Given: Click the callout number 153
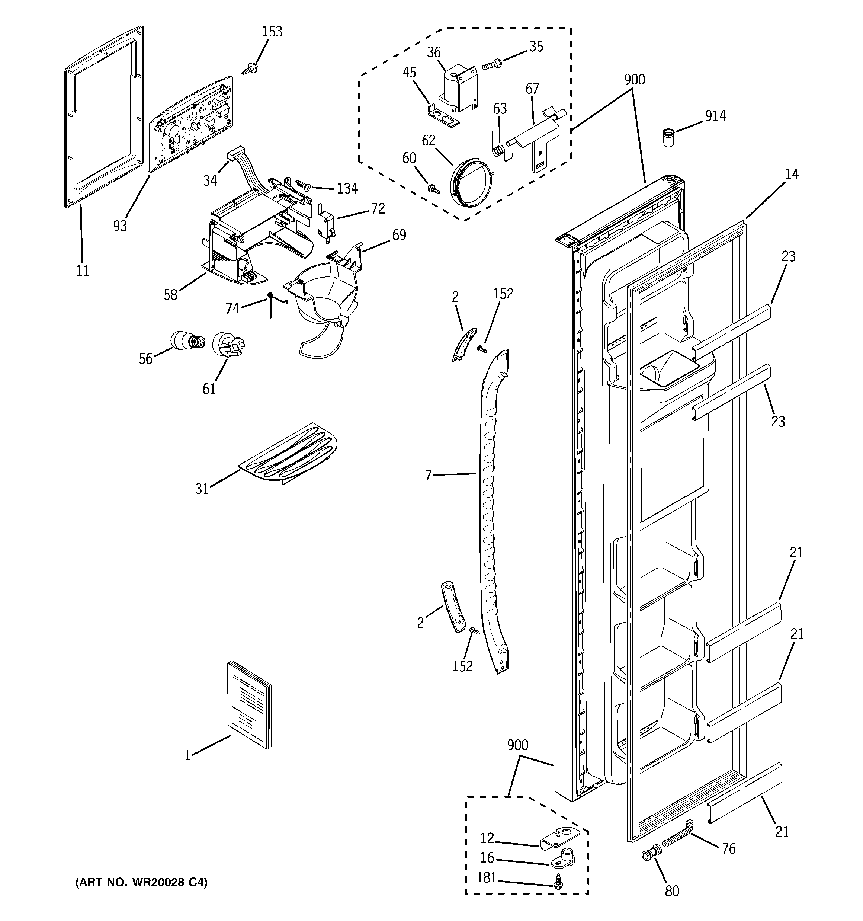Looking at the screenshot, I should pyautogui.click(x=272, y=32).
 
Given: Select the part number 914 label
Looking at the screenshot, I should pyautogui.click(x=715, y=116).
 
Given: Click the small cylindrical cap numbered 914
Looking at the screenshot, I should pyautogui.click(x=667, y=138).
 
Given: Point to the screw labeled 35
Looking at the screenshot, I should pyautogui.click(x=492, y=64).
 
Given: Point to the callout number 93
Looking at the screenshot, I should pyautogui.click(x=120, y=226).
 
